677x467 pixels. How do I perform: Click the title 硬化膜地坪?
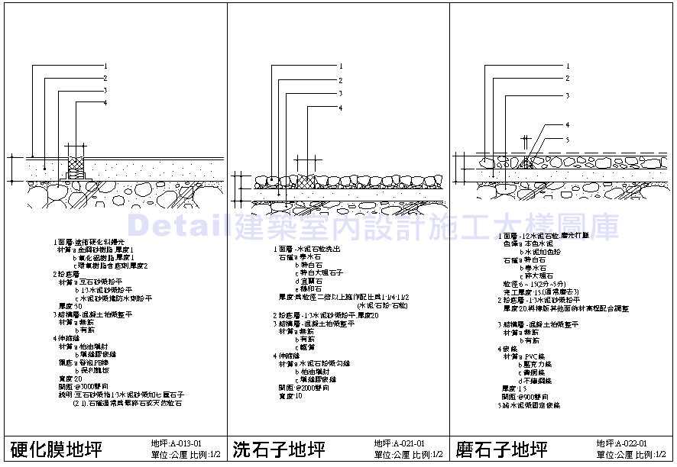coord(55,448)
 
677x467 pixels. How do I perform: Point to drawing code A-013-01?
coord(177,443)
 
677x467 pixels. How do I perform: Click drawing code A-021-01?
coord(400,443)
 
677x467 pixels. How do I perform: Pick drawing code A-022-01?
coord(622,443)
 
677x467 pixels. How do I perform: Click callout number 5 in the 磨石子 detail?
coord(568,139)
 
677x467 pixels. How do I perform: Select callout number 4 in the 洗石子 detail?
coord(341,108)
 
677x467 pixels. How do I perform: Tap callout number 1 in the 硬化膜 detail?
coord(105,66)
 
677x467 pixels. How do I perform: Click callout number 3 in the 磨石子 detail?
coord(568,95)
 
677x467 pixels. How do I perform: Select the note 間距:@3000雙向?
coord(80,386)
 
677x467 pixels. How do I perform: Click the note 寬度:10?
coord(288,395)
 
